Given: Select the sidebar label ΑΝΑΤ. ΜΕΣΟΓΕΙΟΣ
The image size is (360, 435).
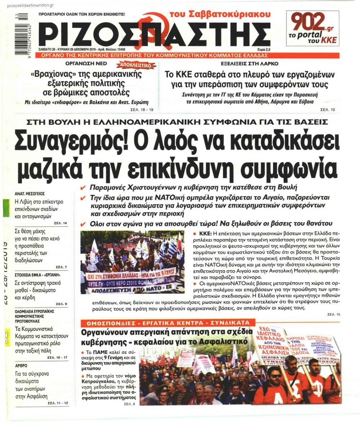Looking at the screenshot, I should coord(30,193).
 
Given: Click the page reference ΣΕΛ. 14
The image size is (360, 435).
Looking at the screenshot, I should coord(60,223).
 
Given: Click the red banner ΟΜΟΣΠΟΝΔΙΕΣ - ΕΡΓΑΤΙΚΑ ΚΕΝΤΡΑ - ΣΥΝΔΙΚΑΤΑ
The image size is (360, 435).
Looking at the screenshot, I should coord(168,322).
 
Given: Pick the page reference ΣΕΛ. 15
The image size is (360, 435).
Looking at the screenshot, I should coord(333,314).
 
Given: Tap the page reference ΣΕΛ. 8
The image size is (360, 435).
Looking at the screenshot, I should coord(129,404).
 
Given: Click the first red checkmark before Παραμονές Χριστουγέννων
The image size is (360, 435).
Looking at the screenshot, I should coord(83,188).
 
